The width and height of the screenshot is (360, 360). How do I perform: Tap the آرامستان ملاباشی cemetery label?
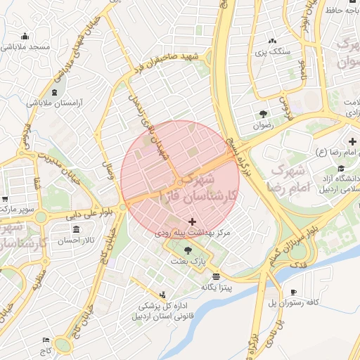coord(55,103)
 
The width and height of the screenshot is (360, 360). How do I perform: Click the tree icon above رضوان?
coord(263,113)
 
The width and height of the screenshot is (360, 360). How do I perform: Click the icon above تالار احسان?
coord(76,230)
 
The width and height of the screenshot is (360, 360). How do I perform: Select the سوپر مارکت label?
coord(17,209)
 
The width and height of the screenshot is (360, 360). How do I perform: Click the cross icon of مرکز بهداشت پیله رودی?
coord(193,221)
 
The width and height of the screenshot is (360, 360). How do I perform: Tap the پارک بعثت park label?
coord(187,260)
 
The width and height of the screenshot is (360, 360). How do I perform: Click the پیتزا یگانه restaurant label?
coord(217,287)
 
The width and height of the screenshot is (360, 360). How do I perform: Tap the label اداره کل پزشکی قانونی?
coord(162,311)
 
